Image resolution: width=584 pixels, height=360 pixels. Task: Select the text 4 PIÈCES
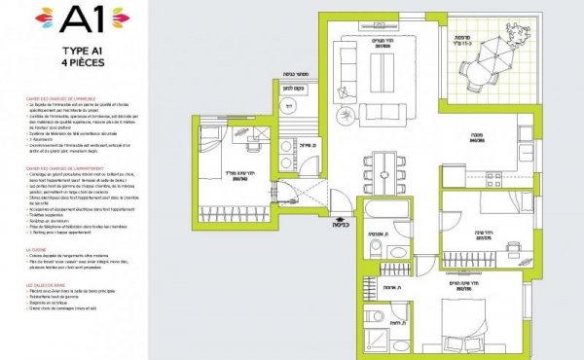coord(84,62)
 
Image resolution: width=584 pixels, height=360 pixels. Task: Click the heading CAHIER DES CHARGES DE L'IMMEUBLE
coord(62,98)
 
